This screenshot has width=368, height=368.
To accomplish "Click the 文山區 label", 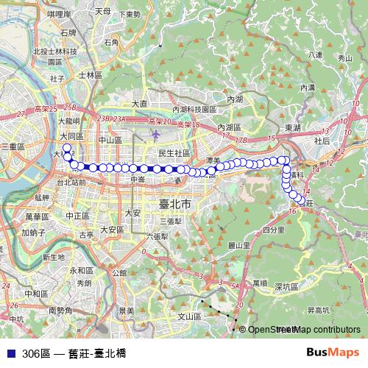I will coord(190,316).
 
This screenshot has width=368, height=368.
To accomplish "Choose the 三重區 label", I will coord(14,147).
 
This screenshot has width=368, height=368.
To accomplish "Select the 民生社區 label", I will coord(174,152).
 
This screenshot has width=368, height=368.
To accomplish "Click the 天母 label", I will coord(103,12).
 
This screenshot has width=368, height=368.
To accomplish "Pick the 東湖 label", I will coord(293,127).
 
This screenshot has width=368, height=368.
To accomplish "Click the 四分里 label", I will coord(273,230).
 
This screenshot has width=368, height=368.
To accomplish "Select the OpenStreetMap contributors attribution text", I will coord(304,330).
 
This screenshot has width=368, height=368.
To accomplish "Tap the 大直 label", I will coord(140,104).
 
